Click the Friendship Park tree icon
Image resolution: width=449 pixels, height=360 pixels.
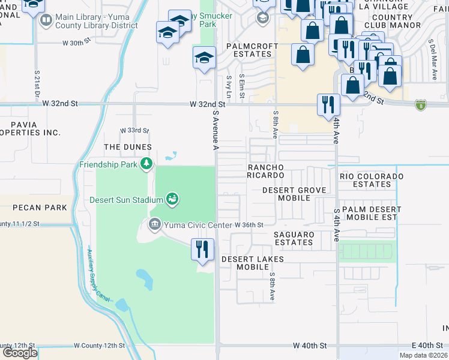point(146,163)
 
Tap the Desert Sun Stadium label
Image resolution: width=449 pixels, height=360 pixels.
point(126,200)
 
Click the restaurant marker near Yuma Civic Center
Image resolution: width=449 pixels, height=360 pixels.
point(202,248)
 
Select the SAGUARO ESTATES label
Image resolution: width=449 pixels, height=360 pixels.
point(294,238)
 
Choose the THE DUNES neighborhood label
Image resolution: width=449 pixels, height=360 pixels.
point(128,147)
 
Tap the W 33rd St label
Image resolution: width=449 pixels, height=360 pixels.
point(134,130)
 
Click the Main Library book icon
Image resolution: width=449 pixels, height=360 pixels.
point(46,22)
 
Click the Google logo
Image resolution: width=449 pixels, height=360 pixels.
point(20,353)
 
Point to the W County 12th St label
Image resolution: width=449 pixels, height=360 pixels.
point(98,346)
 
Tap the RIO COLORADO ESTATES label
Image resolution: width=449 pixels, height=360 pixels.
point(372,180)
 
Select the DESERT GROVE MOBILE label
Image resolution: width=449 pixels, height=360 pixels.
point(294,194)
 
